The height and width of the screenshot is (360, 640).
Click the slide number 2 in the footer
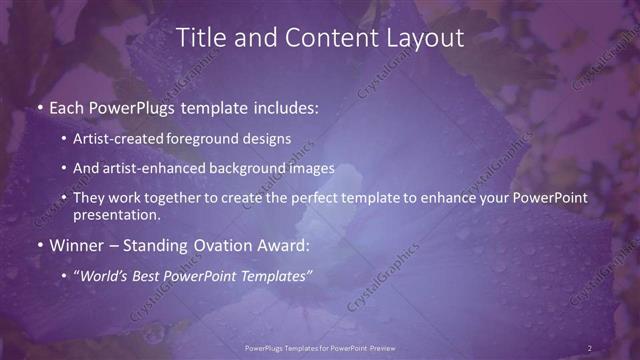point(590,347)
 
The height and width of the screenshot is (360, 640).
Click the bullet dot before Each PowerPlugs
point(39,107)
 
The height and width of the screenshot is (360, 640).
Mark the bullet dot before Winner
point(39,245)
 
